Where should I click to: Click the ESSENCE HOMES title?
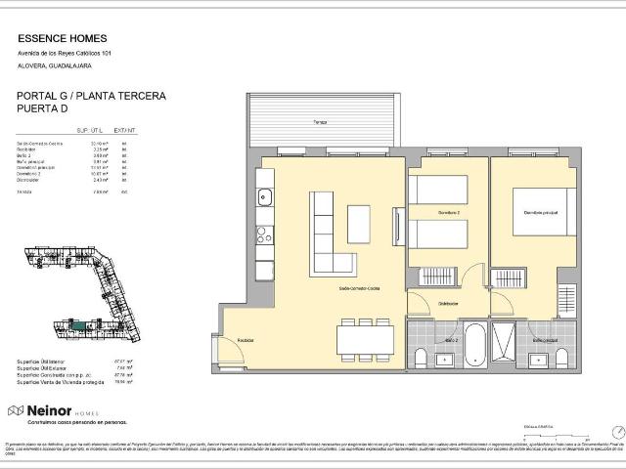click(58, 40)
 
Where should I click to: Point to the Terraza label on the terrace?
click(320, 122)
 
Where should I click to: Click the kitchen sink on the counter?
click(264, 198)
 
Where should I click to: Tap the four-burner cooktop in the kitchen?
click(264, 234)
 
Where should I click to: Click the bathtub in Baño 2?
click(474, 344)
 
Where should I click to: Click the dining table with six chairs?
click(365, 339)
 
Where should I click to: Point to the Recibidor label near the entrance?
click(245, 340)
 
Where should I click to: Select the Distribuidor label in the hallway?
click(449, 303)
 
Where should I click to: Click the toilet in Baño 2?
click(421, 359)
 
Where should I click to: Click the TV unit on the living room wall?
click(397, 227)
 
